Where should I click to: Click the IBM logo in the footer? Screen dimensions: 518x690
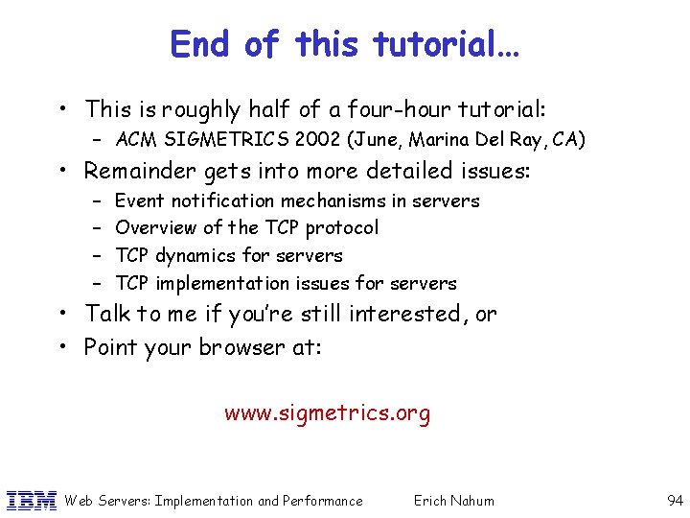tap(32, 500)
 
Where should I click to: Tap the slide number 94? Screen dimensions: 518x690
tap(674, 500)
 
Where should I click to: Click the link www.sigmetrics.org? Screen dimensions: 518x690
tap(327, 413)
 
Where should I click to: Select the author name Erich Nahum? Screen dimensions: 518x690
tap(453, 500)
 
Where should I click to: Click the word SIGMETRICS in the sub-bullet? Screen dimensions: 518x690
tap(215, 140)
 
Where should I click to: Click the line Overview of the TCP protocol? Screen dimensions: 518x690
tap(246, 227)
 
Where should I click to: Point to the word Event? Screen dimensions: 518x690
tap(139, 200)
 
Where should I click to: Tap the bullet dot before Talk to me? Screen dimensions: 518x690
tap(71, 315)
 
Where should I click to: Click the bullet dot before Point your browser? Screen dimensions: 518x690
tap(71, 347)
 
